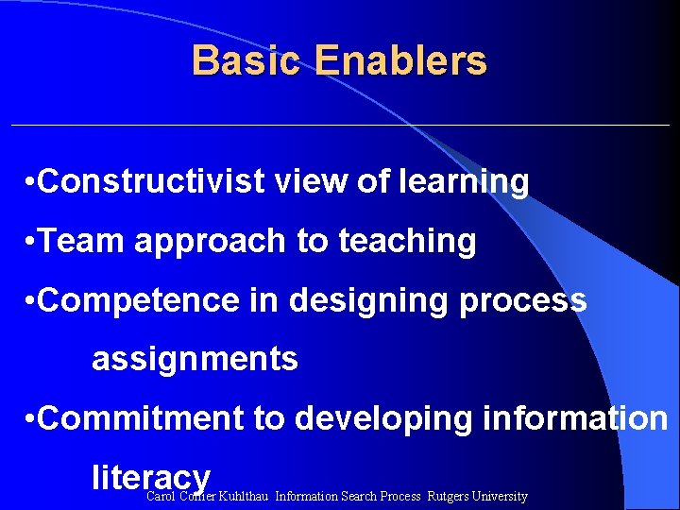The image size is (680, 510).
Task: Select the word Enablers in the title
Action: click(401, 61)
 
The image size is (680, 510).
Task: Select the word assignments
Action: click(195, 360)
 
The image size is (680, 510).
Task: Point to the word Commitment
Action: click(143, 418)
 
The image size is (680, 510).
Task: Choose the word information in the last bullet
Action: click(575, 418)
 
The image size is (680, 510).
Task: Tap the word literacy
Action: click(151, 478)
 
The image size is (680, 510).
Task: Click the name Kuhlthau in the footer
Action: click(244, 497)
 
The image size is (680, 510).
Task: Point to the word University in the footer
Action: click(501, 497)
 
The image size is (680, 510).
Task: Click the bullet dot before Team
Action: click(32, 243)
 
